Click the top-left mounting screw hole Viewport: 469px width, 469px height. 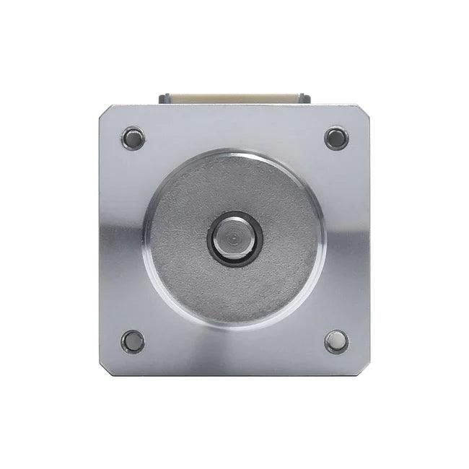tap(133, 137)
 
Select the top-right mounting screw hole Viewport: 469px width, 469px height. tap(336, 138)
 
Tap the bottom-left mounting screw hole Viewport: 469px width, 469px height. tap(133, 341)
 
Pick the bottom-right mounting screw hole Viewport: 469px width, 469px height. tap(336, 341)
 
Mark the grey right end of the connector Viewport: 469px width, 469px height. tap(304, 97)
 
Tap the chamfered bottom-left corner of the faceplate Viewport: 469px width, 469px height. tap(105, 369)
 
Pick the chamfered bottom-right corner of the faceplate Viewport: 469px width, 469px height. tap(364, 369)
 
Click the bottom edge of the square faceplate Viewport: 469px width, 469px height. tap(234, 374)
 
